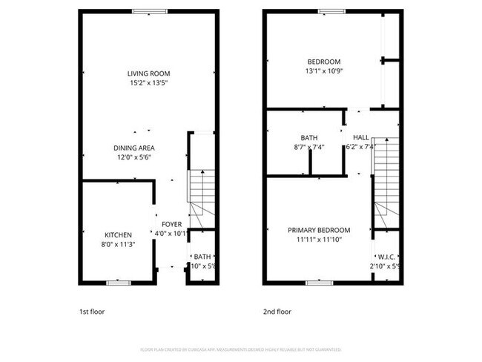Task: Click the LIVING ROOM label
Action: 148,73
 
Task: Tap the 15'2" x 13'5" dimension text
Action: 148,83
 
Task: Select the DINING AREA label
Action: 134,148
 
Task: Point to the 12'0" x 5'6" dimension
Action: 134,157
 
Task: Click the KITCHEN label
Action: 118,235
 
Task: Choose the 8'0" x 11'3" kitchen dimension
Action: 118,245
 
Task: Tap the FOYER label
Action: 171,223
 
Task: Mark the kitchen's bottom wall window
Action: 118,282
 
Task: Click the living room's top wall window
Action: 144,11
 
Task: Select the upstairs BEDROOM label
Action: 324,62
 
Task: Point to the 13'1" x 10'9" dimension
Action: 324,71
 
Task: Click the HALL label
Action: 361,137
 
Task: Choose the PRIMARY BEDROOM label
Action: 319,230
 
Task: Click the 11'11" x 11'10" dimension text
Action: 319,240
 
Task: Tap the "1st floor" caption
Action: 92,312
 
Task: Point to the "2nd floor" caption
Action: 277,312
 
